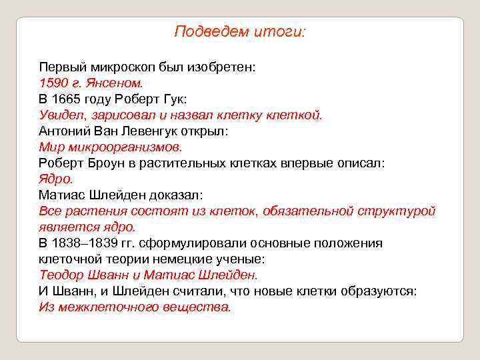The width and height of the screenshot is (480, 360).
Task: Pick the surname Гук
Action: [x=175, y=99]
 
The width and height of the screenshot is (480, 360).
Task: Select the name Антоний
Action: [x=65, y=131]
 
